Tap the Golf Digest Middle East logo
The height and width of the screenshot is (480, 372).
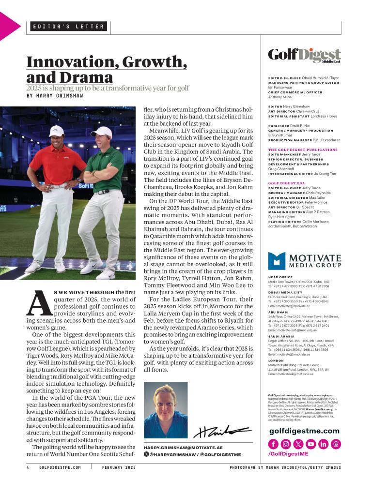coord(304,55)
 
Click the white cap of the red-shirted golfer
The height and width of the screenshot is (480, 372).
coord(56,130)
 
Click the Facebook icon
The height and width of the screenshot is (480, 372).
coord(273,444)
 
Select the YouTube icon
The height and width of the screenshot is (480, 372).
coord(310,444)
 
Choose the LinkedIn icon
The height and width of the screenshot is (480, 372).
coord(323,444)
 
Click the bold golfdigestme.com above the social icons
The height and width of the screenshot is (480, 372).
coord(304,431)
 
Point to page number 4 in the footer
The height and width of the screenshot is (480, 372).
coord(28,467)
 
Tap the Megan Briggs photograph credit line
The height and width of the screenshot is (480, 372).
coord(285,467)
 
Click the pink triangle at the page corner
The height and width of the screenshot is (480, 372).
coord(7,26)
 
